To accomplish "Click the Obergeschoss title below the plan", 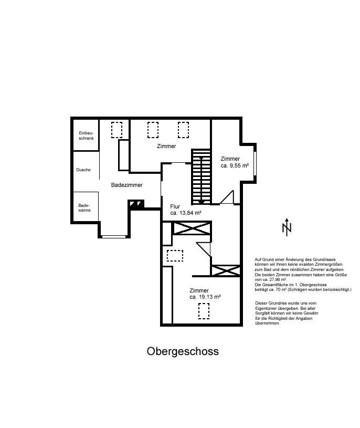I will (x=183, y=351).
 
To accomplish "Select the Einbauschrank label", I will (x=85, y=136).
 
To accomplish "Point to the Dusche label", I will (x=83, y=170).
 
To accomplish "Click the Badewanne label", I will (x=84, y=207).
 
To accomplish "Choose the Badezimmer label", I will (x=126, y=185).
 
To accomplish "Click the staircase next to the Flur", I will (x=202, y=176).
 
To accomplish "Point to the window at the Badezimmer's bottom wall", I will (x=114, y=236).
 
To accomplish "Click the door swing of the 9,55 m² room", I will (x=227, y=197).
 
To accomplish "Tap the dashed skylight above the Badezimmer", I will (x=117, y=129).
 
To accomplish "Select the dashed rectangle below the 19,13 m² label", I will (x=203, y=311).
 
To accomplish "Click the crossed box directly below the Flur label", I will (x=192, y=229).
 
